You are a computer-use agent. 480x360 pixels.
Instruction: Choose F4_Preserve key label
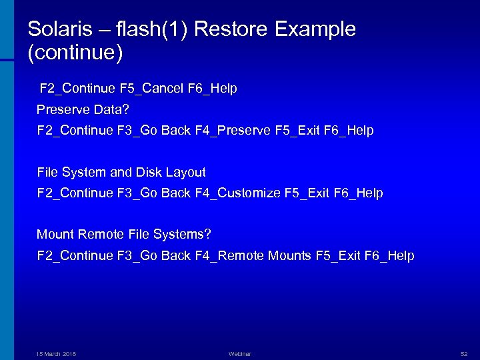tap(233, 131)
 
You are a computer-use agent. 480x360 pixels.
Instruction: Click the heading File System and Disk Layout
tap(121, 173)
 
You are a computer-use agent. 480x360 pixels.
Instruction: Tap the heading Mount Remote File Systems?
tap(124, 235)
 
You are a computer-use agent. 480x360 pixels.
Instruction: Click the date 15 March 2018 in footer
tap(56, 353)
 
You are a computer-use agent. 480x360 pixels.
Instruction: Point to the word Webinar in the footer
tap(240, 353)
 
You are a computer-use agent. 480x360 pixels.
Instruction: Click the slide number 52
tap(465, 353)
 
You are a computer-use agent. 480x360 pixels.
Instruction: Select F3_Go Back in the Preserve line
tap(153, 131)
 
